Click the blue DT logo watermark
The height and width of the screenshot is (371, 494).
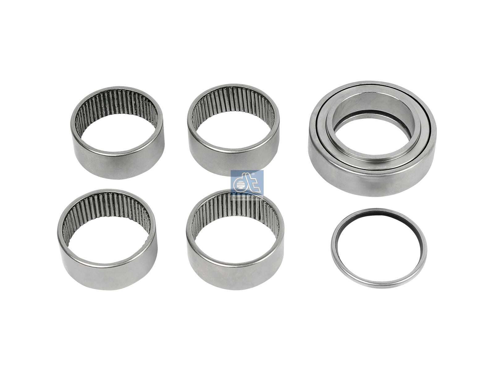click(x=247, y=184)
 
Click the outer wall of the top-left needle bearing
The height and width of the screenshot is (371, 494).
click(x=117, y=164)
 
